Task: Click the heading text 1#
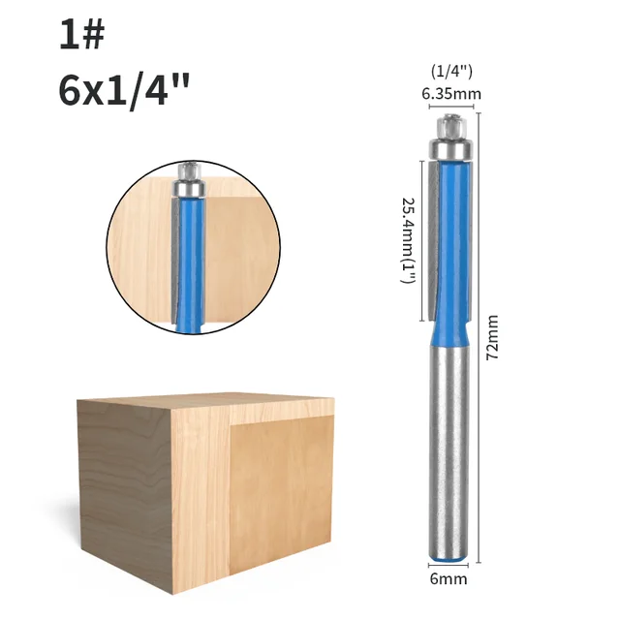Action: (81, 35)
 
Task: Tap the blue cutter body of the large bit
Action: (450, 242)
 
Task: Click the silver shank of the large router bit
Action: (449, 446)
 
